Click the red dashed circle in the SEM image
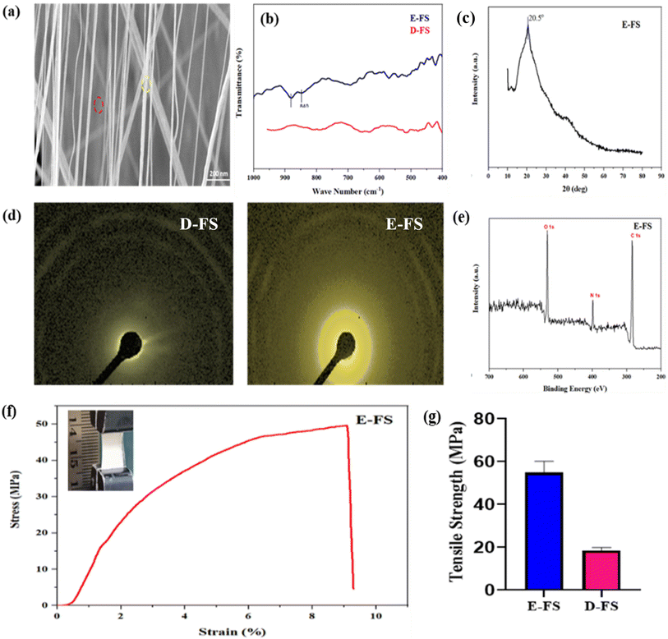99,104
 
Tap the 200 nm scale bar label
218,174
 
